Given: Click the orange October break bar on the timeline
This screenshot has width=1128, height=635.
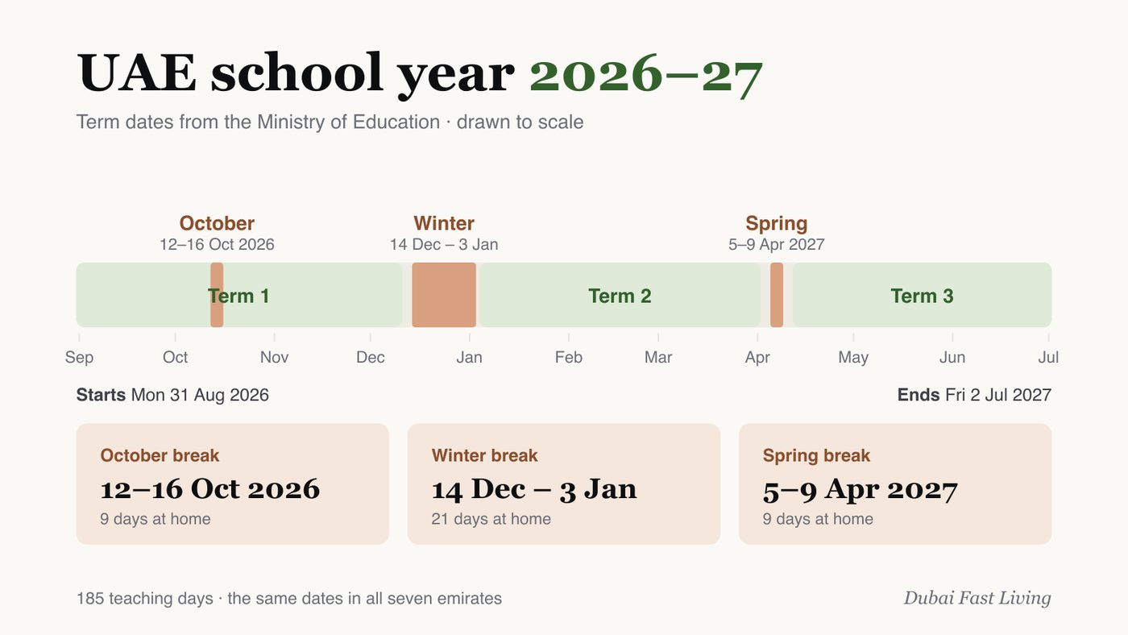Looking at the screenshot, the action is (x=217, y=295).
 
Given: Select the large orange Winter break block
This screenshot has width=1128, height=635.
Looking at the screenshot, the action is (x=444, y=295).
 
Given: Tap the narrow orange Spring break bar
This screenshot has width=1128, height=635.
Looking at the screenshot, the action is (x=777, y=295).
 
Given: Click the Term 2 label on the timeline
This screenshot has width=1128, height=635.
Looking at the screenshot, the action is (x=620, y=296).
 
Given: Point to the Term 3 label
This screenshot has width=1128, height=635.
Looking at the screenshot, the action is (x=922, y=296).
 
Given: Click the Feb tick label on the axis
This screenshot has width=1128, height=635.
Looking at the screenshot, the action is (x=569, y=358).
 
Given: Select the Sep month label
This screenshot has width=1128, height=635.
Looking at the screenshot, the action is (x=79, y=358).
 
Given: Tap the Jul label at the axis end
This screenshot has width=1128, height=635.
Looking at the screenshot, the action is (x=1048, y=358).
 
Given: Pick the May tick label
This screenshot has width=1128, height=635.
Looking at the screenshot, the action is (x=853, y=358).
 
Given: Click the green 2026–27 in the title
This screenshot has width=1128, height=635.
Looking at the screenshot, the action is (x=646, y=74).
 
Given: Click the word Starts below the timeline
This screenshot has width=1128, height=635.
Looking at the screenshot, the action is (x=101, y=395).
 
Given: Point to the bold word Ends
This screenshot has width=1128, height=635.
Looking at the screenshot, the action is (x=918, y=395).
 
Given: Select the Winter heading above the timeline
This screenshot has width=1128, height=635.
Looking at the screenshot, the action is (x=444, y=223).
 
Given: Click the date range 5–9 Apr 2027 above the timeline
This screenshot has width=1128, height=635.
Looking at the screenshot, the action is (x=777, y=245).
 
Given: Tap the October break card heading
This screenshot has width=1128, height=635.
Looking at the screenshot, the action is (x=160, y=455).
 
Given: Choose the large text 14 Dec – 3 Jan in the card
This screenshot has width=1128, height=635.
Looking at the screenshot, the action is (x=534, y=489).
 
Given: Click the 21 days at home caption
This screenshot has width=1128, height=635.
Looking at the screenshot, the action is (x=491, y=519).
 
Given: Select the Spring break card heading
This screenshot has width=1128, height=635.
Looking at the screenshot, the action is (x=816, y=455).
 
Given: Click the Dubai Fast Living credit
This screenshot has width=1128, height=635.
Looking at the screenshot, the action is (x=977, y=598).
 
